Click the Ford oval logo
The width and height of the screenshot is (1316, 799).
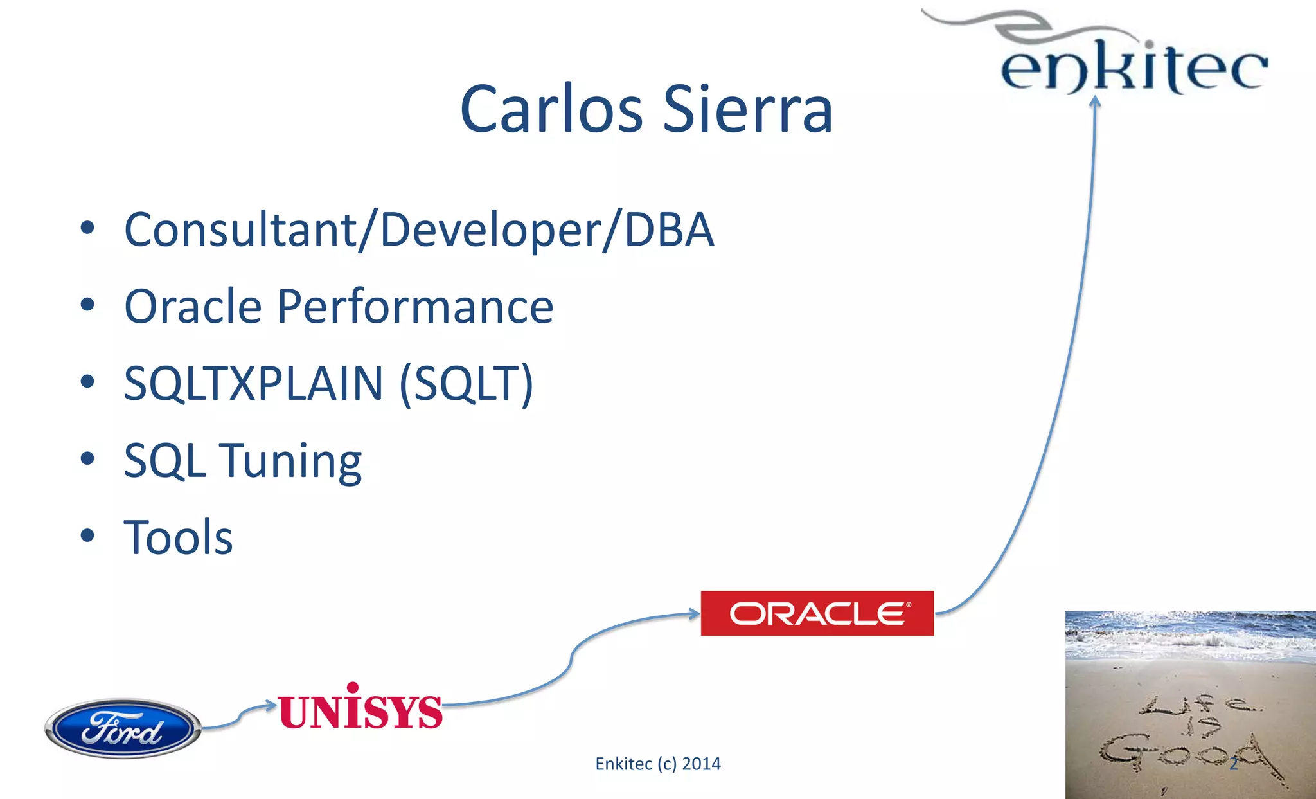click(123, 728)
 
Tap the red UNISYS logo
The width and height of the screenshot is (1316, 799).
click(360, 708)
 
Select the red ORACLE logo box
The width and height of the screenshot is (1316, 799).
click(817, 613)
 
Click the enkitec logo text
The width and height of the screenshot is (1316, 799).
click(1134, 67)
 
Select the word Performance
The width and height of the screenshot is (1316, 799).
click(415, 307)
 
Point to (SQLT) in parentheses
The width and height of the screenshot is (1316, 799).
click(467, 384)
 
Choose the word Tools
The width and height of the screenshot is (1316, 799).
click(178, 537)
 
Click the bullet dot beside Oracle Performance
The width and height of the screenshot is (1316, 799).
click(87, 305)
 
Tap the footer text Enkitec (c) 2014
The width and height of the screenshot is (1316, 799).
click(657, 764)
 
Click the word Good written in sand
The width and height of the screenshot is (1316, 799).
click(1182, 752)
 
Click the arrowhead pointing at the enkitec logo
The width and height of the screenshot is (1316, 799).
click(1096, 101)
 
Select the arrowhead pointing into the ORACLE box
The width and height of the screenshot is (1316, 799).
click(694, 614)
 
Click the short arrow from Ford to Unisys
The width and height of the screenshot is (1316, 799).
click(239, 716)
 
